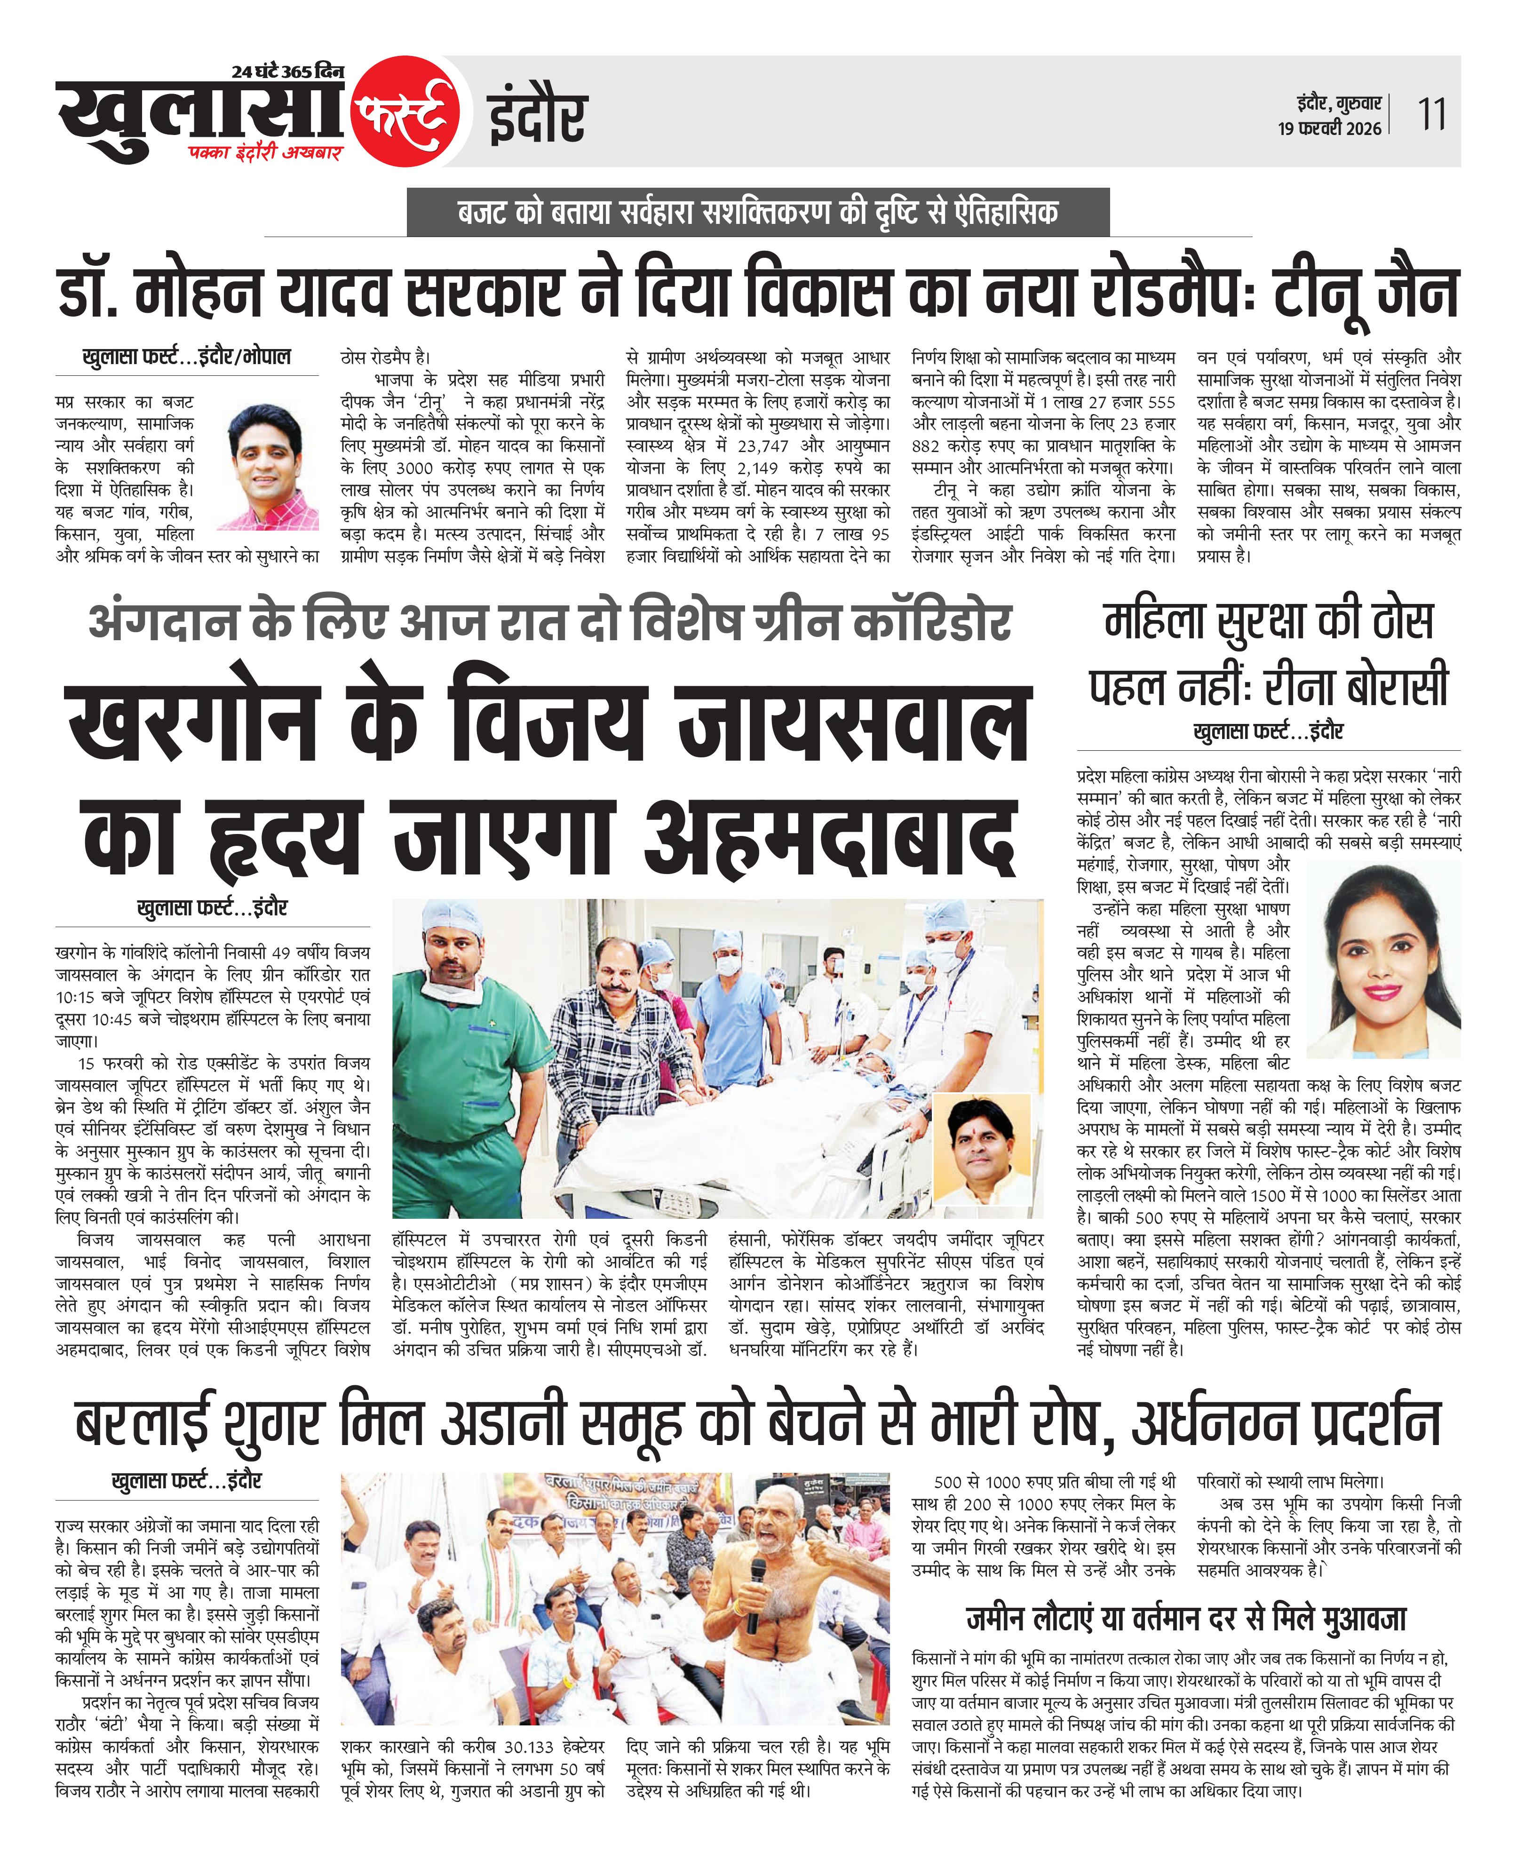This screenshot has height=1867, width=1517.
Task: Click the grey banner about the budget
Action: point(758,212)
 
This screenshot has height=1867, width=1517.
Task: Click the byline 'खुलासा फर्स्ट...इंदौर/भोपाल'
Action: point(186,357)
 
